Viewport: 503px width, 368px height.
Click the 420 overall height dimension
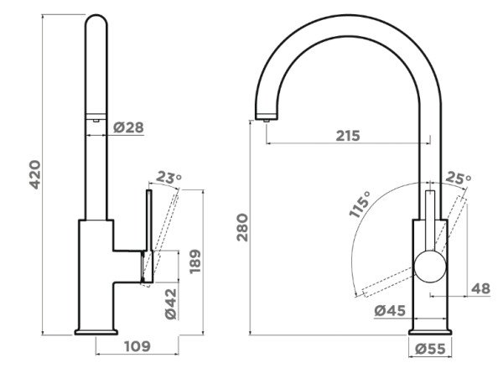35,174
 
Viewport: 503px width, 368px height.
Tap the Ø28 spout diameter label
128,127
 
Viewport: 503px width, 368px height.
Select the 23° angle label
169,178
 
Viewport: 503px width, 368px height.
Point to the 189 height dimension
195,262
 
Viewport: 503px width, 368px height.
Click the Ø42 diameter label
171,303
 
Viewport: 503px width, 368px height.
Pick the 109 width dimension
137,346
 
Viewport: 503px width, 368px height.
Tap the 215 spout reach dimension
348,136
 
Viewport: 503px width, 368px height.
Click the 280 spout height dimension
242,227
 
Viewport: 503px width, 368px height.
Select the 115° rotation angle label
360,205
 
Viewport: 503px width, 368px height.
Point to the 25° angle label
459,178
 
